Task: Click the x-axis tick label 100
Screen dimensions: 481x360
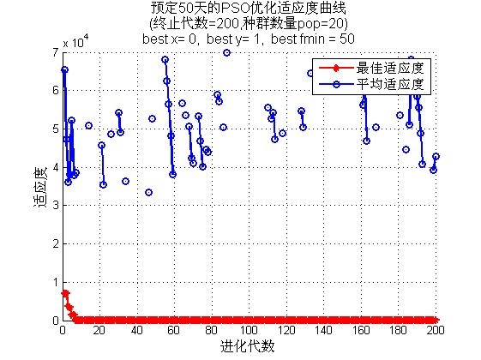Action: pos(249,331)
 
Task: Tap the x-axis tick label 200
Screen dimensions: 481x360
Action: pos(436,331)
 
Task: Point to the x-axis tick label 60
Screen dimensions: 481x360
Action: pos(174,331)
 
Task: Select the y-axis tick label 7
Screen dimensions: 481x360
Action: pos(56,53)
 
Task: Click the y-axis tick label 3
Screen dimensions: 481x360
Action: pos(56,205)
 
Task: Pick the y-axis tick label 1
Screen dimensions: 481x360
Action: pos(56,282)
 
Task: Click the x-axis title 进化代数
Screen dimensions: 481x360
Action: pos(247,347)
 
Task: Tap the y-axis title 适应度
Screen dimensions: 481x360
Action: pos(40,186)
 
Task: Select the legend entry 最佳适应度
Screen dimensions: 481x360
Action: pos(390,68)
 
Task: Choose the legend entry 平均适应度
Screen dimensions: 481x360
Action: pos(390,84)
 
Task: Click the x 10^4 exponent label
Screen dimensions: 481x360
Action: pos(75,41)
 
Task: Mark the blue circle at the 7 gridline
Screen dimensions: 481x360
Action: pos(226,53)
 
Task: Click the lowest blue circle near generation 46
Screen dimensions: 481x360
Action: pos(149,193)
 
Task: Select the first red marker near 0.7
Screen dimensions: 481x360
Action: pos(64,293)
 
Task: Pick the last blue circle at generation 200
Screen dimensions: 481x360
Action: pos(436,156)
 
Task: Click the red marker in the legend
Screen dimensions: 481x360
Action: pos(336,68)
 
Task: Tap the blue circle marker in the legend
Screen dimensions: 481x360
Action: pos(336,84)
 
